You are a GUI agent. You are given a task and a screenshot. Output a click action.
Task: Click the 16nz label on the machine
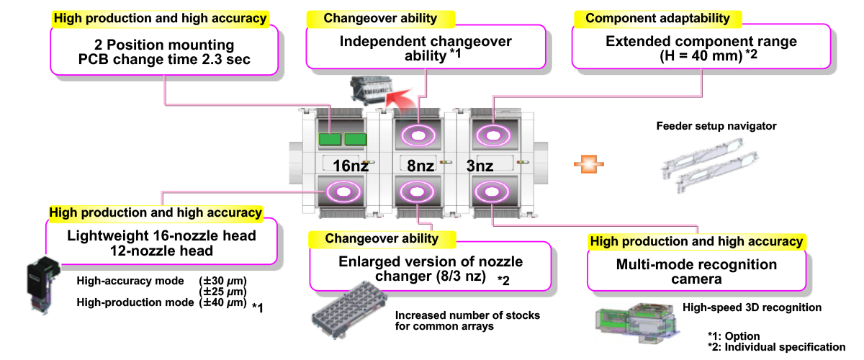(351, 166)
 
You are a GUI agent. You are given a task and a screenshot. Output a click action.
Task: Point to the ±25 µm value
(222, 291)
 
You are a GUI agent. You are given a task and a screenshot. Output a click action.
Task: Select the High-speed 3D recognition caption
(752, 307)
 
